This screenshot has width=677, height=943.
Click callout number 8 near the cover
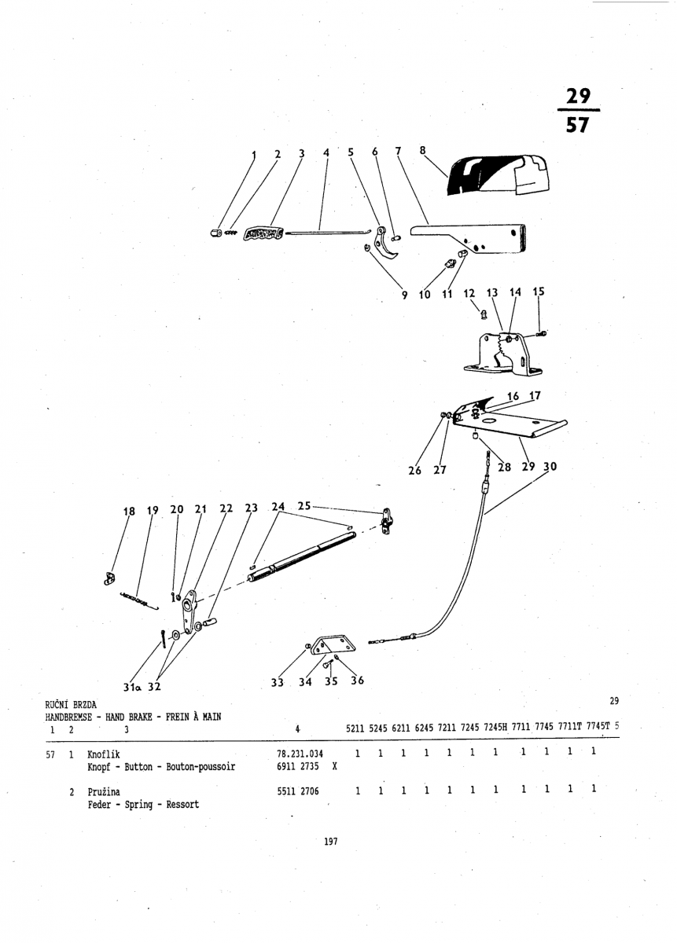(x=422, y=150)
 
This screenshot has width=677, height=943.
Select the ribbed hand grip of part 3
(x=263, y=233)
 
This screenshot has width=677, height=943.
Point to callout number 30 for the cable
(x=550, y=467)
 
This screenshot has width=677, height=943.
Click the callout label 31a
(x=132, y=687)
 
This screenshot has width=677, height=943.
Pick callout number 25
(x=304, y=505)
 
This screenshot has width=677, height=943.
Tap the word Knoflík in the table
(x=103, y=754)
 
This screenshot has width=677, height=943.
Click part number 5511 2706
(x=298, y=791)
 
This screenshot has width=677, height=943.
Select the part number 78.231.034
(x=300, y=754)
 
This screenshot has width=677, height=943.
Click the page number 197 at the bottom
(x=331, y=842)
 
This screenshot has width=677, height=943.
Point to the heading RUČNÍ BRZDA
(x=71, y=705)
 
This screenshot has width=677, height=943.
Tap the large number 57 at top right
(x=577, y=125)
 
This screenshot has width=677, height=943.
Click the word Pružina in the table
(x=104, y=792)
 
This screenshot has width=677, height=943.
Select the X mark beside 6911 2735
(x=334, y=766)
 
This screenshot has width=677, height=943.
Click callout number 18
(x=129, y=511)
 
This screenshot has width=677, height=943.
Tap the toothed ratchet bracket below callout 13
(x=502, y=353)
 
